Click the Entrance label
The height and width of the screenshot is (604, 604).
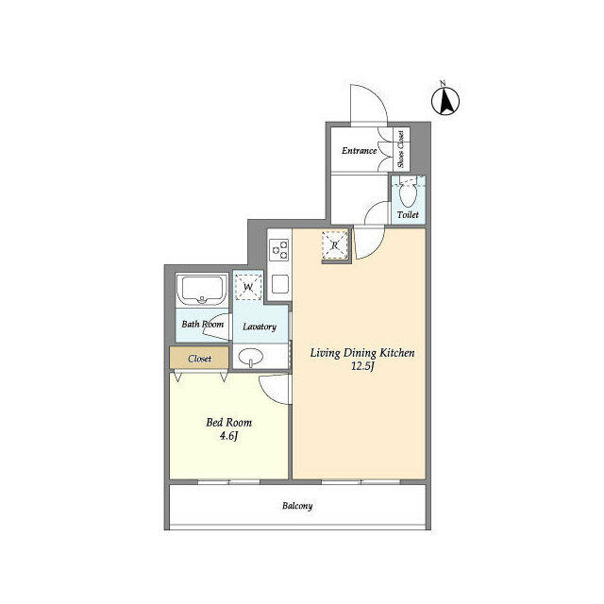pyautogui.click(x=359, y=151)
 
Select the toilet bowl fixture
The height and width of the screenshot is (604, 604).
pyautogui.click(x=408, y=194)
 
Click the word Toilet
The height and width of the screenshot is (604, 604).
pyautogui.click(x=408, y=215)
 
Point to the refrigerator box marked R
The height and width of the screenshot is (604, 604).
pyautogui.click(x=334, y=246)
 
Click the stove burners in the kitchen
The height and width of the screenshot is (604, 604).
pyautogui.click(x=279, y=250)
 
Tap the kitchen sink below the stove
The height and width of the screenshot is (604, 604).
pyautogui.click(x=279, y=282)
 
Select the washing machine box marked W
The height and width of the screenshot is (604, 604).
pyautogui.click(x=249, y=286)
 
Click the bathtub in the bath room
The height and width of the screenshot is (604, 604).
pyautogui.click(x=201, y=290)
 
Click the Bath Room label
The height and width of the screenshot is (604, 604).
pyautogui.click(x=202, y=326)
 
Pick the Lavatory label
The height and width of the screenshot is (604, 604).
pyautogui.click(x=259, y=327)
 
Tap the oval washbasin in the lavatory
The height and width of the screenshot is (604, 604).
pyautogui.click(x=252, y=358)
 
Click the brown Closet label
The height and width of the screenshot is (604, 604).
pyautogui.click(x=199, y=359)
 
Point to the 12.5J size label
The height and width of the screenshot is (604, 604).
pyautogui.click(x=362, y=366)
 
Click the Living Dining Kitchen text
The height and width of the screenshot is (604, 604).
pyautogui.click(x=362, y=352)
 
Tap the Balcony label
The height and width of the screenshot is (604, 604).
pyautogui.click(x=297, y=506)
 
